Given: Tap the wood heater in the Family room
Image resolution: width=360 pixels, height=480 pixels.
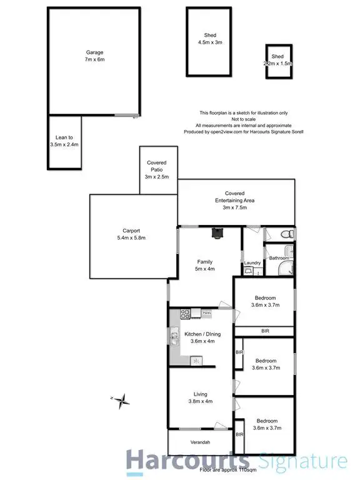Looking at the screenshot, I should coord(217,233).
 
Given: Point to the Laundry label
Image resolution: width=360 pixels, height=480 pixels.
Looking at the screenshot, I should coord(252,263).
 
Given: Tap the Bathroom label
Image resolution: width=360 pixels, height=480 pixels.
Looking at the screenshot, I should coord(279,258).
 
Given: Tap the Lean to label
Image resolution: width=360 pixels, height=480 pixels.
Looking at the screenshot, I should coord(65,141).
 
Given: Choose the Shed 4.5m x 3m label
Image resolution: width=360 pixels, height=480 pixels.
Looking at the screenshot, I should coord(210,39).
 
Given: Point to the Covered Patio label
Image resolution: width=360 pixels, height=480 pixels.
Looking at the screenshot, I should coord(156,166).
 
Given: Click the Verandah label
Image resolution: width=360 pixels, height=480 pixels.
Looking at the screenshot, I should coord(199,443).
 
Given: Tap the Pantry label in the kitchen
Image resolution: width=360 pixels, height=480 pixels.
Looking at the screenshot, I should coord(206,312).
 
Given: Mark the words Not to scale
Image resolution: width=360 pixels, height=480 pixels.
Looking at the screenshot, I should coord(243,119).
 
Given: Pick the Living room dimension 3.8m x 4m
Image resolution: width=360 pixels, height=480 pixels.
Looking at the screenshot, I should coord(200,402).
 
